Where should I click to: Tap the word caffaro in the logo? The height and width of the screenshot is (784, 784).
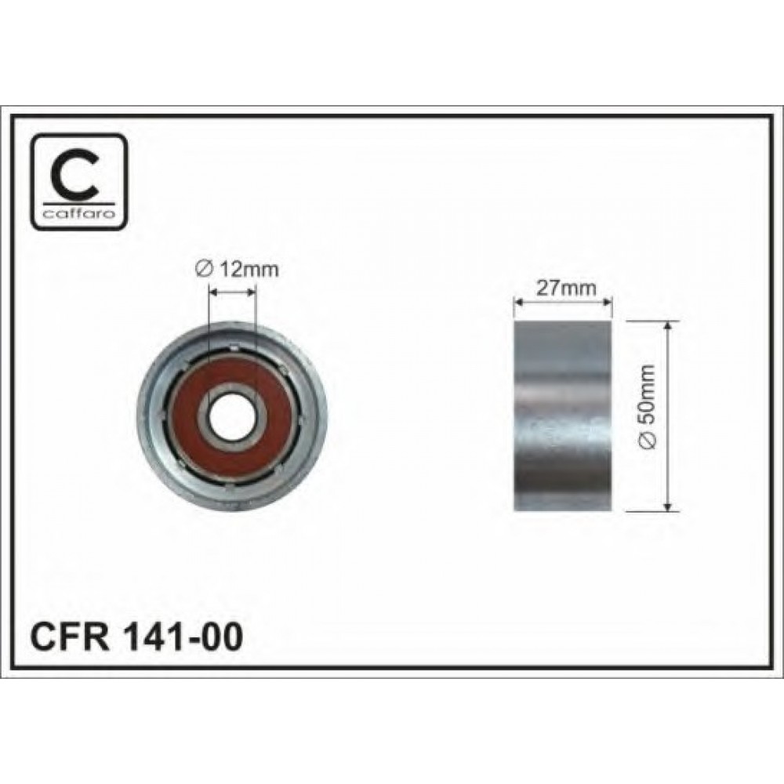pyautogui.click(x=79, y=215)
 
